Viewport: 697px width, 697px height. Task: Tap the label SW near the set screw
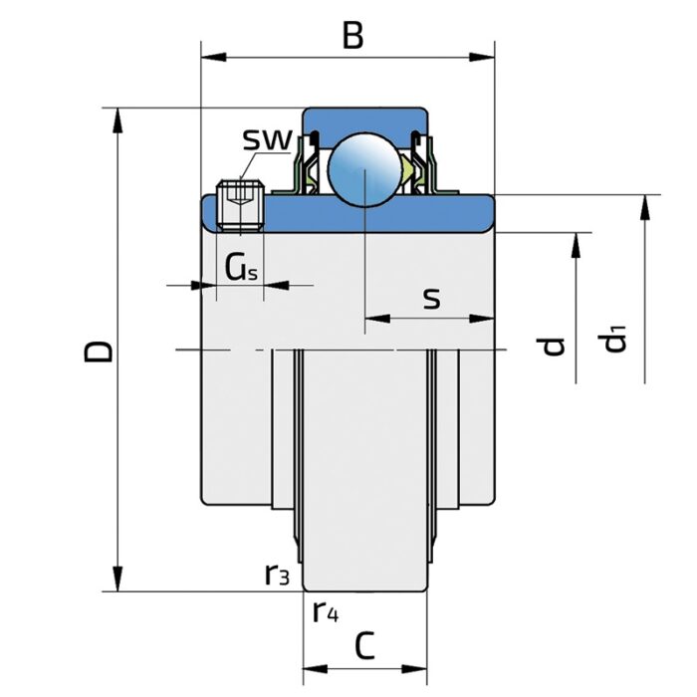point(266,139)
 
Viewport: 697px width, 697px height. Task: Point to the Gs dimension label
point(241,266)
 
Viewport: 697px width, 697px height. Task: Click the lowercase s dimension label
point(431,297)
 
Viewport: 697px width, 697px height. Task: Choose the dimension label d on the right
point(555,346)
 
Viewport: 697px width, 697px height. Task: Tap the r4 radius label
point(325,610)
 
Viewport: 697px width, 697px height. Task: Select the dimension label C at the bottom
point(364,647)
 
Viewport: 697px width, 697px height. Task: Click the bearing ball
point(365,168)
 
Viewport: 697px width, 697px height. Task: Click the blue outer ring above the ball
point(365,117)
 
